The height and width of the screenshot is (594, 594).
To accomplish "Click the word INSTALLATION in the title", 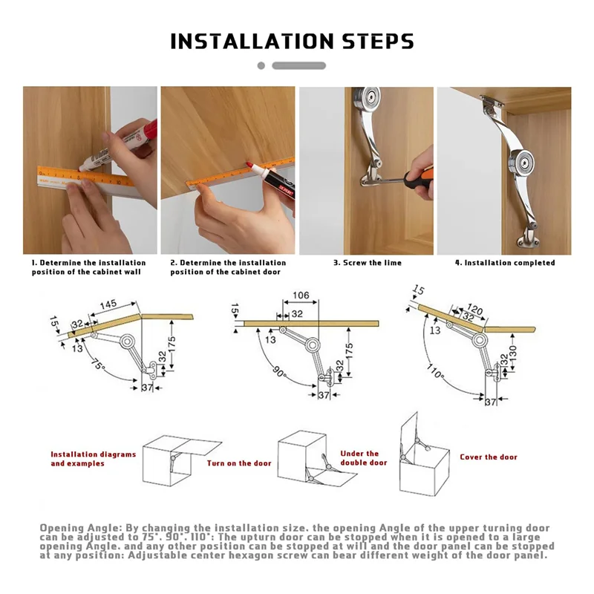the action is tap(252, 42).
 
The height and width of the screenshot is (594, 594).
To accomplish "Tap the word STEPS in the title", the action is tap(378, 42).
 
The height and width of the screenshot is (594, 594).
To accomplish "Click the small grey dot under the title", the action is tap(261, 65).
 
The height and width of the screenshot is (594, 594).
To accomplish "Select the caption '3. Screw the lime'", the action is tap(368, 263).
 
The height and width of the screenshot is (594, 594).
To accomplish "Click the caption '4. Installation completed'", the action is tap(505, 263).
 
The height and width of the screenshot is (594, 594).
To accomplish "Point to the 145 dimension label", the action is tap(108, 305).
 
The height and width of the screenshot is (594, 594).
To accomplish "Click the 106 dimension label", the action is tap(301, 295).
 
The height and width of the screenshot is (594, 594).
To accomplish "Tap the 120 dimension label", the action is tap(474, 309).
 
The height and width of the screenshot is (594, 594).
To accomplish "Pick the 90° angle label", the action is tap(280, 372).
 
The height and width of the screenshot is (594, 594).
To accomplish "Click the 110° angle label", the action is tap(435, 371).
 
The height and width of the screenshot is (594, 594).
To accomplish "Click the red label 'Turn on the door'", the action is tap(239, 463).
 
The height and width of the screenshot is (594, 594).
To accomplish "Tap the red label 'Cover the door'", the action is tap(489, 457).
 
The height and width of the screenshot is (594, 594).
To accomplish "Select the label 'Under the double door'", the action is tap(364, 458).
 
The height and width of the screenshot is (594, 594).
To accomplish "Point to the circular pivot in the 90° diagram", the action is tap(313, 345).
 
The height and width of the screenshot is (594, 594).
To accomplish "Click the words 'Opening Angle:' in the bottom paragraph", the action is tap(81, 528).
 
